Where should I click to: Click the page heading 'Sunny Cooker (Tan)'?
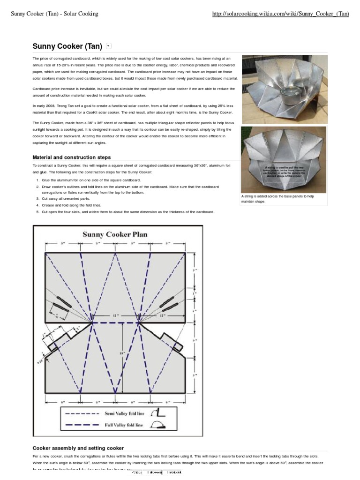point(67,46)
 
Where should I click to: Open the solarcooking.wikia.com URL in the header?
point(280,14)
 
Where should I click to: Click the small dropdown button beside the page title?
point(109,46)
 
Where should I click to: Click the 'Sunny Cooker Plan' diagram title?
point(115,234)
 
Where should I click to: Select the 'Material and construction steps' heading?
point(71,157)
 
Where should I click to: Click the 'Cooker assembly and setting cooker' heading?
point(78,448)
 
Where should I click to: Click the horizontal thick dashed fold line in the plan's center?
point(115,322)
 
